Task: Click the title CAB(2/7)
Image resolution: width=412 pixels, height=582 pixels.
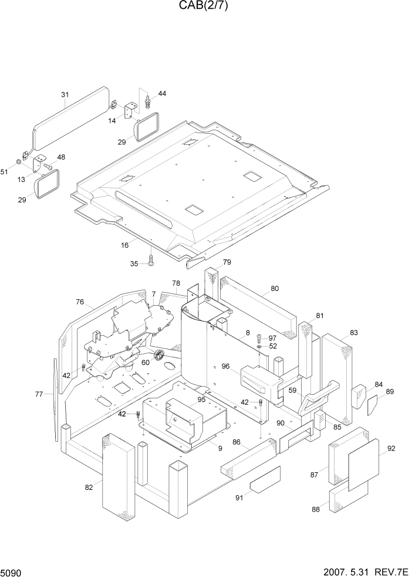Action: click(205, 6)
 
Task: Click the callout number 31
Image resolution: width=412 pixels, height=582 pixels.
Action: click(65, 94)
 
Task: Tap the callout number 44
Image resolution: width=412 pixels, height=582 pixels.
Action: click(162, 94)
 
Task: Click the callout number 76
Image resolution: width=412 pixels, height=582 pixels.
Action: click(80, 302)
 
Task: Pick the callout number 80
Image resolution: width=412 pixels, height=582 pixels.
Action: click(274, 289)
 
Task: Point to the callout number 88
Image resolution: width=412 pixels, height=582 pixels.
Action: click(316, 509)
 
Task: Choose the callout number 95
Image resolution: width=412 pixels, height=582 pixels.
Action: click(201, 400)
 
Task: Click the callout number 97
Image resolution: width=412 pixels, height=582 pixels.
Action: click(272, 339)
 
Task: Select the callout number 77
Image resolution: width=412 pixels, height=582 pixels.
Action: click(39, 394)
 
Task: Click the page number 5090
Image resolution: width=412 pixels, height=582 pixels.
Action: click(12, 571)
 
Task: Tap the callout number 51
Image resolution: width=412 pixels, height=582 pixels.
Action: click(5, 171)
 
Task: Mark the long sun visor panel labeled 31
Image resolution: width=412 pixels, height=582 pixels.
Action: click(70, 120)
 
